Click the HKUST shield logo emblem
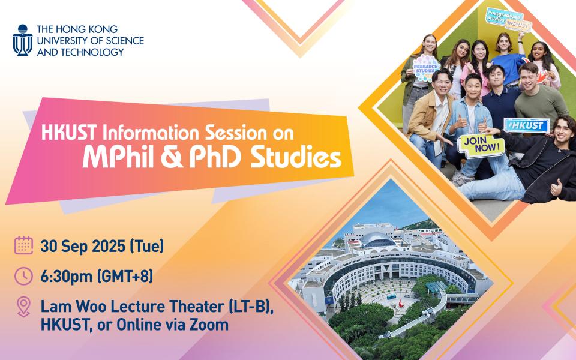point(22,40)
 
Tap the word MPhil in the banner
point(118,158)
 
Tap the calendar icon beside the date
point(24,245)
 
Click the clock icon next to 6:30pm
point(24,276)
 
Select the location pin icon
point(23,307)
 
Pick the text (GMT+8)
point(125,276)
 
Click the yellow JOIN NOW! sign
point(481,146)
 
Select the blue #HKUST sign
point(526,125)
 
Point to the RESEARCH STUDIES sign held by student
point(426,68)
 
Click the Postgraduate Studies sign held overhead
point(509,20)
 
